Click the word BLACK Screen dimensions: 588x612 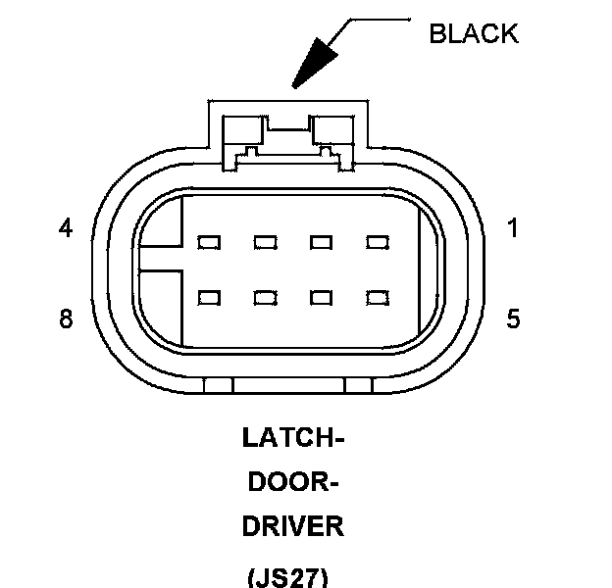tap(474, 33)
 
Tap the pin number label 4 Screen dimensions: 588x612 tap(66, 228)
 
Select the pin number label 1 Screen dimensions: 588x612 tap(514, 228)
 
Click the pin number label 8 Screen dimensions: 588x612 tap(66, 319)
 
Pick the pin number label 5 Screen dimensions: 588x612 tap(514, 319)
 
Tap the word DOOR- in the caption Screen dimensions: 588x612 tap(293, 482)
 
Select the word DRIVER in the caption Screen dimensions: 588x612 tap(293, 526)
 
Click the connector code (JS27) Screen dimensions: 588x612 tap(293, 574)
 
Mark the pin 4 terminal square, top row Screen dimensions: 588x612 tap(208, 241)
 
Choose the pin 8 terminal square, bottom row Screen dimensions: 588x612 tap(208, 295)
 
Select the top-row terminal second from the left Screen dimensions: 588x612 tap(264, 241)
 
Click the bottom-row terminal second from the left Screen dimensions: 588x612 tap(264, 295)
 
